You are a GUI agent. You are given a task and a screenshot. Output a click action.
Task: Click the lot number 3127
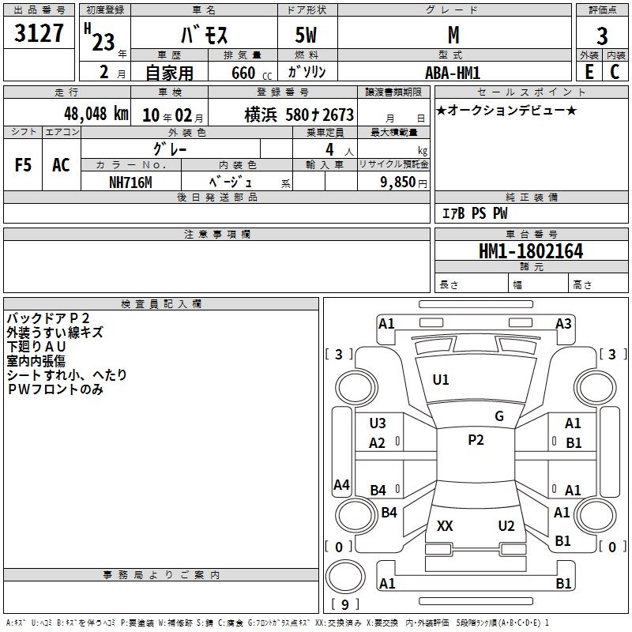coord(39,33)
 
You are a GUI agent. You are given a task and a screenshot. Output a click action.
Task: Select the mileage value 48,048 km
coord(96,114)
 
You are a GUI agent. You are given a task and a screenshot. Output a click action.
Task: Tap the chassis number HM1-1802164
coord(531,251)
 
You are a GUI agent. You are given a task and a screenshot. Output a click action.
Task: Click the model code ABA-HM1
coord(453,73)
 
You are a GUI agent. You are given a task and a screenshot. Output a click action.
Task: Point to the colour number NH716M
coord(130,182)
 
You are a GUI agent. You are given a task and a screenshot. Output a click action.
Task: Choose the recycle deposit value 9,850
coord(397,182)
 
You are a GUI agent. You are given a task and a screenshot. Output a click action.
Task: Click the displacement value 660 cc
coord(251,73)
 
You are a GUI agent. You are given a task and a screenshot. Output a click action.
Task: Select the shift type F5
coord(23,165)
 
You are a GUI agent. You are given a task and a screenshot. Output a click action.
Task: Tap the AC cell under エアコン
coord(61,165)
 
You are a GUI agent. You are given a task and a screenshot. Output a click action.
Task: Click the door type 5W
coord(306,35)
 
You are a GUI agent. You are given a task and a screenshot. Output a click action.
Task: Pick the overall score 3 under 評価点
coord(602,36)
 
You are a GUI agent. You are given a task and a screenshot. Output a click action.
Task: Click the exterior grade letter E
coord(589,72)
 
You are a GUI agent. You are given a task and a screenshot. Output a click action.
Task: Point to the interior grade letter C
coord(615,72)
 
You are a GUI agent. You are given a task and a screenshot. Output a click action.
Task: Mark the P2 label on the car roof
coord(476,440)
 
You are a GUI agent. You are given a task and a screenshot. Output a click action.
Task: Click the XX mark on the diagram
coord(445,526)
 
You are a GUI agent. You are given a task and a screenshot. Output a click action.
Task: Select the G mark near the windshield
coord(499,416)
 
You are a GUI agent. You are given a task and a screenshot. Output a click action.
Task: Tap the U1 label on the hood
coord(441,380)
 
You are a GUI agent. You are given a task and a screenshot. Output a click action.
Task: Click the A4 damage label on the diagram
coord(341,484)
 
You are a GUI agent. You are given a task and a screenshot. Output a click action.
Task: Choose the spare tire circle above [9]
coord(345,577)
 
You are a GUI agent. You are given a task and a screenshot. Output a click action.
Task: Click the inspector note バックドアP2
coord(48,318)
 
